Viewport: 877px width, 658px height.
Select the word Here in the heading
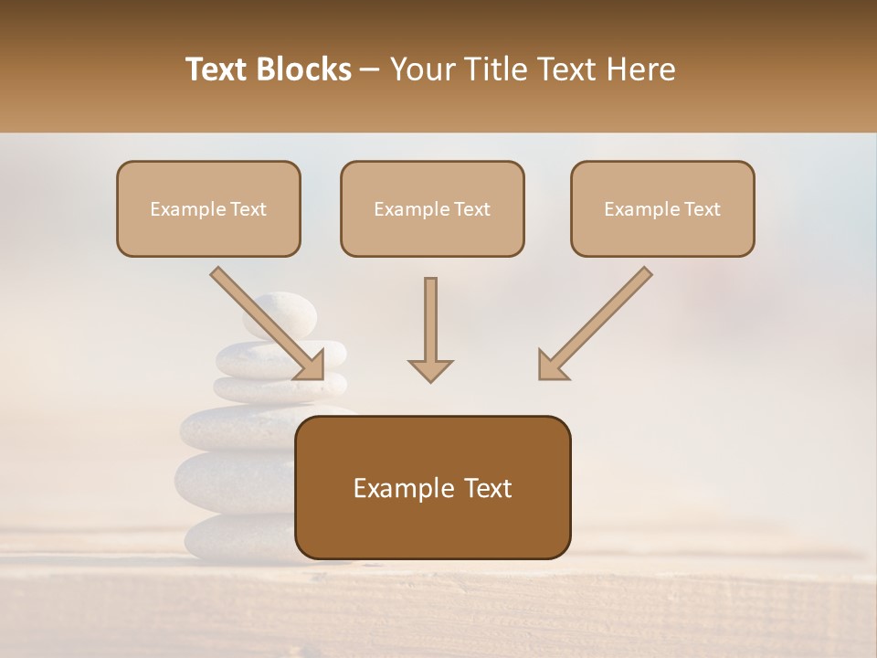[x=643, y=69]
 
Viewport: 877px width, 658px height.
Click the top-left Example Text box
[x=208, y=208]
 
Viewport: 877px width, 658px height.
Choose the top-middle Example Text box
[x=432, y=208]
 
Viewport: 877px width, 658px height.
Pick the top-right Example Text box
[x=662, y=208]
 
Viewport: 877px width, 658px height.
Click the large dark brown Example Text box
[x=433, y=487]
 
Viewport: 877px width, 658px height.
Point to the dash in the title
[x=370, y=69]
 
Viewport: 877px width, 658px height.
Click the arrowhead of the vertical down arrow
[x=430, y=369]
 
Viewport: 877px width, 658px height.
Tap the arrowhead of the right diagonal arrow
[x=552, y=365]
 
